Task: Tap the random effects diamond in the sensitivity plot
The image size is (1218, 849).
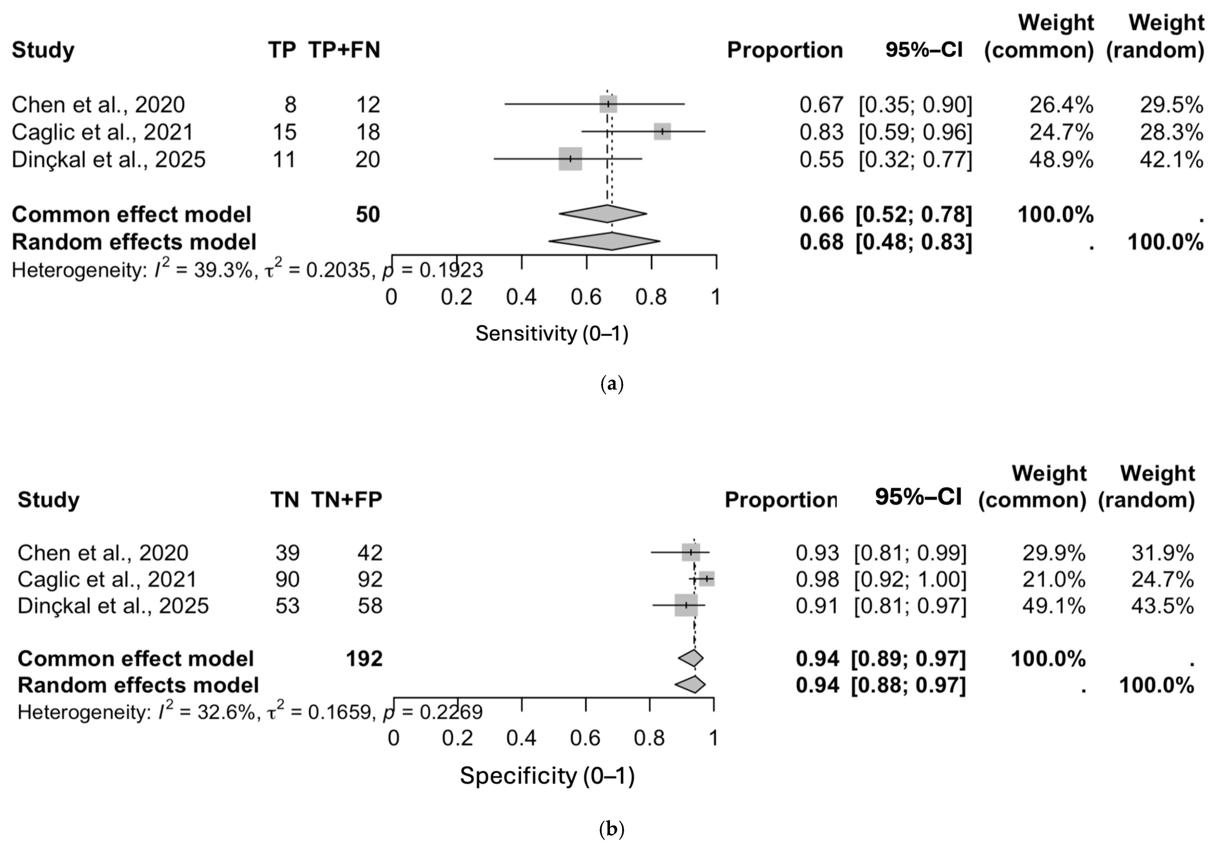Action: pos(605,242)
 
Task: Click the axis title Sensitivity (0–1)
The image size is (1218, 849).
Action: pos(552,333)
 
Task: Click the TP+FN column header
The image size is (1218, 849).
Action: pos(344,50)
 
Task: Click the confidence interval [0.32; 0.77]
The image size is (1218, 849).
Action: pos(916,159)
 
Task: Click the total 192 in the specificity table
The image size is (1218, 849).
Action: pos(364,659)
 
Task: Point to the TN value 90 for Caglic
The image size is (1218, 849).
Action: pos(287,579)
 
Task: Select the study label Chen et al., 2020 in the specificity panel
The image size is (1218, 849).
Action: pos(103,553)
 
